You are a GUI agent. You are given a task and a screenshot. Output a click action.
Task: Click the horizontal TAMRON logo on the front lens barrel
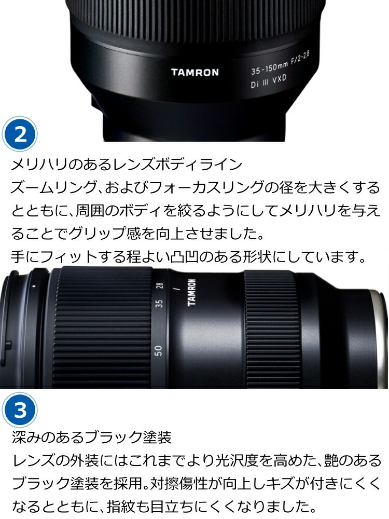195,72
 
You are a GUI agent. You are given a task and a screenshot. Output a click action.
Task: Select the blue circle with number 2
20,134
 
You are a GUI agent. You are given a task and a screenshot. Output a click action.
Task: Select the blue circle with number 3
20,411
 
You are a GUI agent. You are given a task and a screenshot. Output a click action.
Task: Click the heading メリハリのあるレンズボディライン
127,165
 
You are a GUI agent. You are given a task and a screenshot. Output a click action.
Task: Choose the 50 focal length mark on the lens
159,350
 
